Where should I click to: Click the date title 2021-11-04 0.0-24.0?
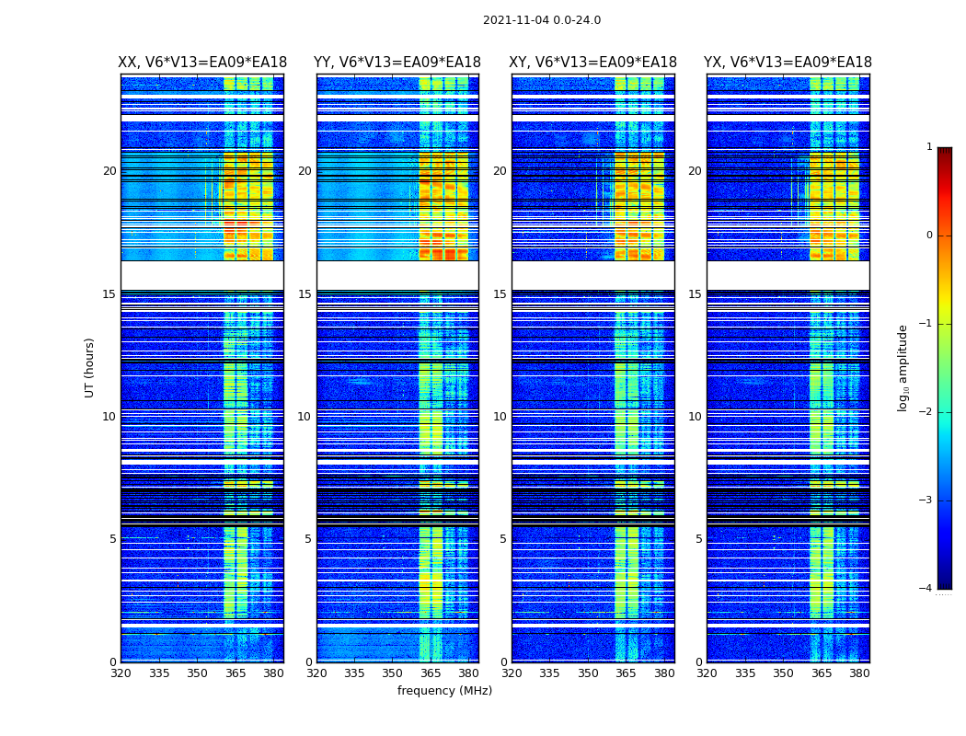[542, 20]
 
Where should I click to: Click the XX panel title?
[202, 63]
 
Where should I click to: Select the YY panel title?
[397, 63]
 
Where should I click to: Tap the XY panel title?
[592, 63]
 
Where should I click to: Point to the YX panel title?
[788, 63]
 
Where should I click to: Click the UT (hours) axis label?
[90, 367]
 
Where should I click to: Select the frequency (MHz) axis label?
[444, 691]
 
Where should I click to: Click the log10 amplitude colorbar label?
[903, 367]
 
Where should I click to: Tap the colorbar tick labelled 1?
[928, 147]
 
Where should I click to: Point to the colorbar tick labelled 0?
[928, 236]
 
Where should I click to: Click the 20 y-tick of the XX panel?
[109, 171]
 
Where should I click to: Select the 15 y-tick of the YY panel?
[305, 294]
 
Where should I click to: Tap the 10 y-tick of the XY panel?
[500, 417]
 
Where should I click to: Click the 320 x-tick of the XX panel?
[121, 673]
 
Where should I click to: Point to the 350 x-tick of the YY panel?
[393, 673]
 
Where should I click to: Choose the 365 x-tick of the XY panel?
[626, 673]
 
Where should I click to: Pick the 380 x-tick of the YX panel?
[859, 673]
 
